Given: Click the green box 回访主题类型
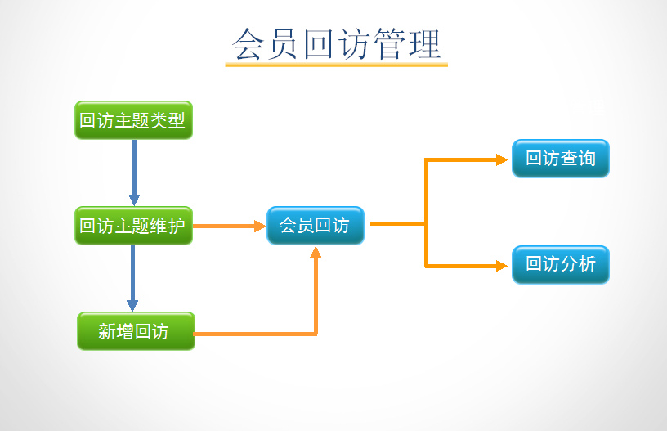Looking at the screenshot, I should point(133,120).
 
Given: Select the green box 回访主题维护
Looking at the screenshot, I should point(133,226).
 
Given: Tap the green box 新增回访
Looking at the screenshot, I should point(136,331).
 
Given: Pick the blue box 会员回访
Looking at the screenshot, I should point(315,225).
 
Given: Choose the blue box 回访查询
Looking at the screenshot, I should point(560,159).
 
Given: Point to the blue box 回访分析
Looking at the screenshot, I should point(560,264).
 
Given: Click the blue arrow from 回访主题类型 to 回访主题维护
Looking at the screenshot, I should point(134,172).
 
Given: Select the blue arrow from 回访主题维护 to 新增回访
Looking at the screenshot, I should point(132,278).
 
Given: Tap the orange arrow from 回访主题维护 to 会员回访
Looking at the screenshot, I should point(229,227).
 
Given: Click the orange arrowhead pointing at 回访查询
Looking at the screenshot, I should point(502,160).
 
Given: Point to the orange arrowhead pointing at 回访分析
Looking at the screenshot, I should point(502,265).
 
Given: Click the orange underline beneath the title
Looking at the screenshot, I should point(337,65).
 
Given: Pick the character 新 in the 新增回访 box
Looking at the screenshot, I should point(107,331).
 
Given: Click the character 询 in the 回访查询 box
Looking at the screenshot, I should point(587,159).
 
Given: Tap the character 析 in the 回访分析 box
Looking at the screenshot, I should point(587,264).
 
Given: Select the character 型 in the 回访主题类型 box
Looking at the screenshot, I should point(177,120).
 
